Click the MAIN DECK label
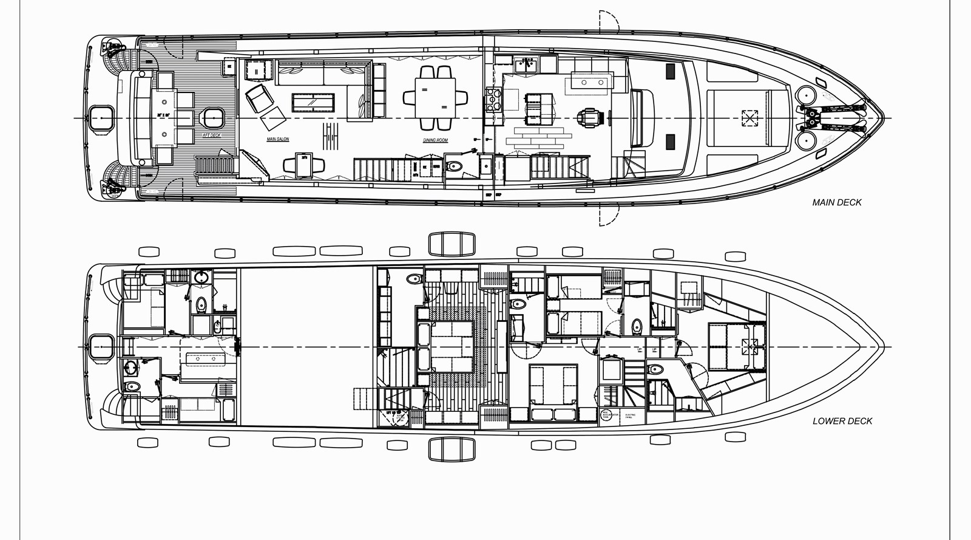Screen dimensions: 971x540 click(x=836, y=202)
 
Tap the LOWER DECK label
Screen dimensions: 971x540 click(x=842, y=420)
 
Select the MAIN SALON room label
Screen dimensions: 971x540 click(x=278, y=139)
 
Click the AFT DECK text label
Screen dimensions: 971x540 click(x=211, y=135)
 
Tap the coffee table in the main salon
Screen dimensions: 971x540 click(x=314, y=102)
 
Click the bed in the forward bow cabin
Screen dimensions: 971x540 click(x=734, y=346)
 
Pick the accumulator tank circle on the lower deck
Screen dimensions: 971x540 click(x=606, y=415)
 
